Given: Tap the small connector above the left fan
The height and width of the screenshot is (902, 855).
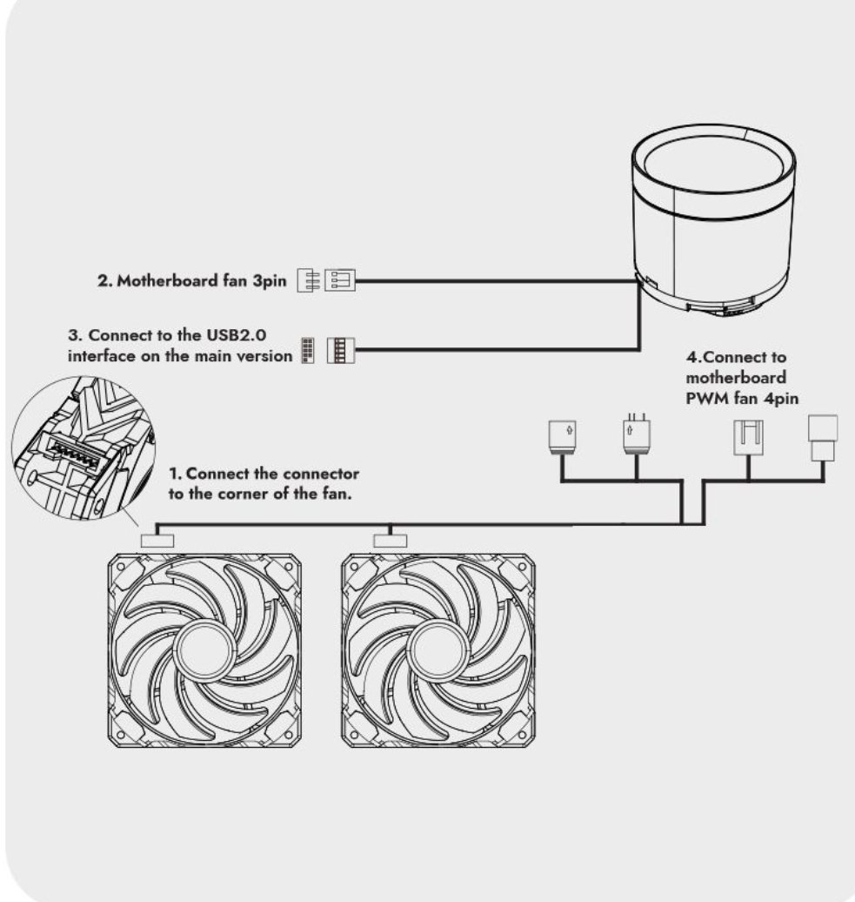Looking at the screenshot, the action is tap(157, 541).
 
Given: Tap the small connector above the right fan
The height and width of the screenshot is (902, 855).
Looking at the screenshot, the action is tap(391, 541).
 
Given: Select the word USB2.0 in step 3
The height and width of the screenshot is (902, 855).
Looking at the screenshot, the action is tap(237, 335).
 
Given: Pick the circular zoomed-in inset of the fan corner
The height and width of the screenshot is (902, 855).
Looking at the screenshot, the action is tap(83, 448).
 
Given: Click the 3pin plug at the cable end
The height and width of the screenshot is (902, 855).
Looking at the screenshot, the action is tap(340, 280).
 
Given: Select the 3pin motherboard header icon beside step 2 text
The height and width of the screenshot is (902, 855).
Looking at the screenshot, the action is tap(309, 280).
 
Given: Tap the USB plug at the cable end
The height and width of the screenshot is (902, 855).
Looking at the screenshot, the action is tap(341, 350).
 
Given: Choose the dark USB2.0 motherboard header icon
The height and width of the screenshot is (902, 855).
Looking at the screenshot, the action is tap(308, 350).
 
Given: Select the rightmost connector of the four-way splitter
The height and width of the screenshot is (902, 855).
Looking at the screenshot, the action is tap(823, 438).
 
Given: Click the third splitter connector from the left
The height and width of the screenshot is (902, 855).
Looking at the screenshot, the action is tap(749, 438).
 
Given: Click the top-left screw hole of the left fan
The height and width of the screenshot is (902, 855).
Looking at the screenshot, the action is tap(121, 567).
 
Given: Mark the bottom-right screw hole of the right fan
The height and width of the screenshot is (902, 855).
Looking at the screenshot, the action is tap(522, 735).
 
